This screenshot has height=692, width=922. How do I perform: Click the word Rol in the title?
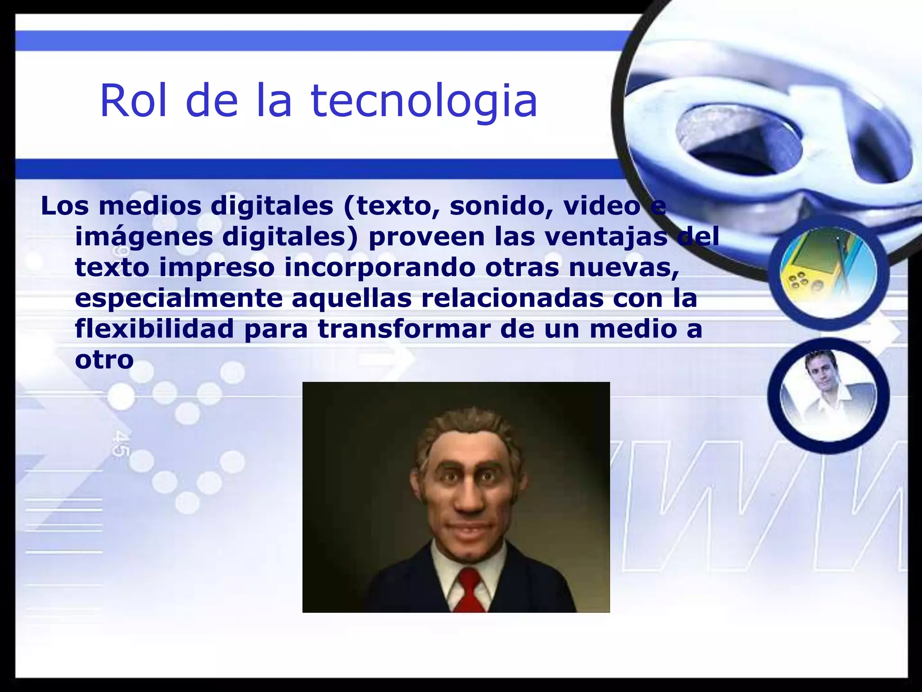(133, 100)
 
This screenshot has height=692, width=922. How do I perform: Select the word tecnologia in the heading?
(424, 101)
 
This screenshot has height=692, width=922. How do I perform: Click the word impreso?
(217, 267)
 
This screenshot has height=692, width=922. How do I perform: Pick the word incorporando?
(380, 268)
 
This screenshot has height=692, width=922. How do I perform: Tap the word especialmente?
(178, 298)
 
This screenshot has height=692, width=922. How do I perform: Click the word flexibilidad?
(154, 328)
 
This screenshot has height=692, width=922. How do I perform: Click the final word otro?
(104, 360)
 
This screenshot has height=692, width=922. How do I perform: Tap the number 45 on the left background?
(119, 444)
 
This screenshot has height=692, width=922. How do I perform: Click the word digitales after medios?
(272, 206)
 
